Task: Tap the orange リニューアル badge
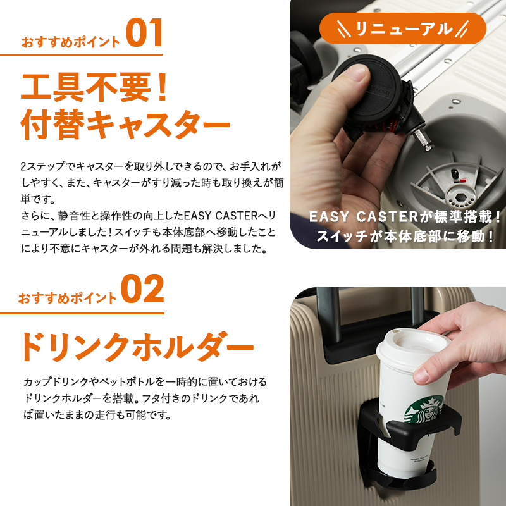pyautogui.click(x=402, y=28)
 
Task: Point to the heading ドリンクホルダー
pyautogui.click(x=136, y=347)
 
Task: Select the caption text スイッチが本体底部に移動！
pyautogui.click(x=405, y=237)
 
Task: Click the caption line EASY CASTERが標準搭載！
pyautogui.click(x=405, y=217)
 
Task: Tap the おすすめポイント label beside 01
pyautogui.click(x=70, y=42)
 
